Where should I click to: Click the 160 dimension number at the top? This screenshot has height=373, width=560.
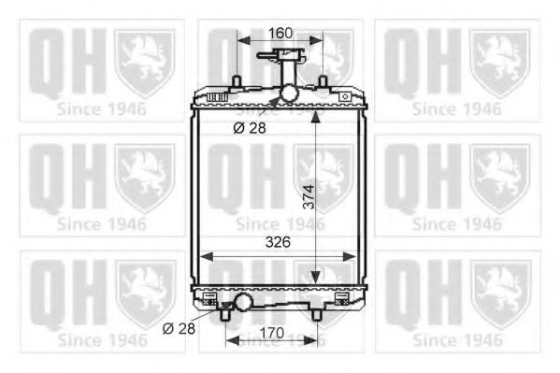tap(280, 33)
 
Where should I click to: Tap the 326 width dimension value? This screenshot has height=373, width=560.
tap(278, 241)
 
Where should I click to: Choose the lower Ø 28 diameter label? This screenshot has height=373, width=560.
tap(179, 328)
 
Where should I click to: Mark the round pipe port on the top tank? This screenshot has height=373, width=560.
tap(288, 93)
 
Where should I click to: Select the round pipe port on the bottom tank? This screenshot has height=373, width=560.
tap(244, 302)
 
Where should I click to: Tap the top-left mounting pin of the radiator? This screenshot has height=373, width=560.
tap(237, 81)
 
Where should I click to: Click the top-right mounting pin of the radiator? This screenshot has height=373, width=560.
tap(323, 81)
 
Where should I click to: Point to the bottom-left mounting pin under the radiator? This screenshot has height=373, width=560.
tap(227, 315)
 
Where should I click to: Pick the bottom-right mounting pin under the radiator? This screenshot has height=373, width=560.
tap(315, 315)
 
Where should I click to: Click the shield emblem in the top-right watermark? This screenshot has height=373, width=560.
tap(500, 61)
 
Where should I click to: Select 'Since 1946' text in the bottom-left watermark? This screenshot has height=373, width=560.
tap(102, 341)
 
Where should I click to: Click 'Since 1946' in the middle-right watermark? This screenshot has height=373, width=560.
tap(457, 224)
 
